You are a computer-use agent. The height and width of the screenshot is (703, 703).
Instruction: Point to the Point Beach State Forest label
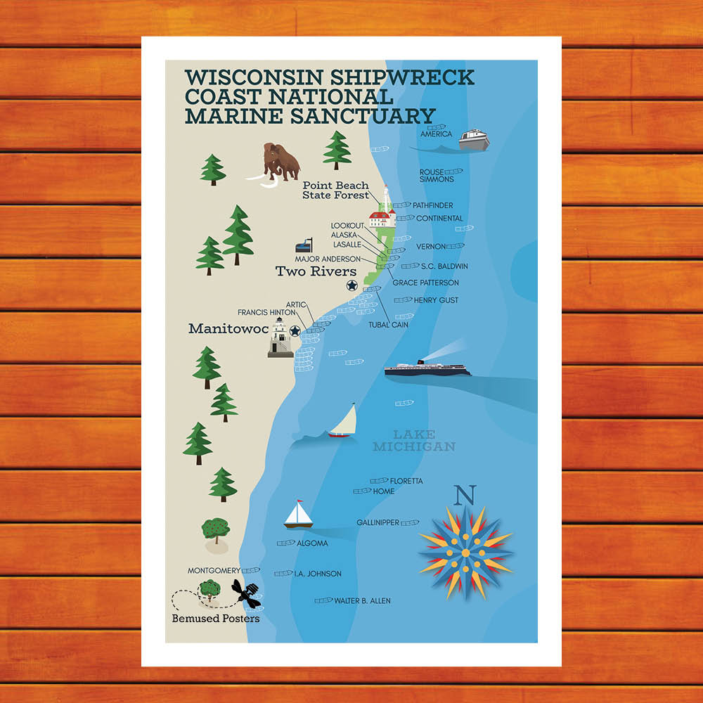335,191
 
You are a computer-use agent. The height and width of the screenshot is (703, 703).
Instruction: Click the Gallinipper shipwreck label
378,522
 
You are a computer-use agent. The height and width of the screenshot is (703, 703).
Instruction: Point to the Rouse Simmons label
437,176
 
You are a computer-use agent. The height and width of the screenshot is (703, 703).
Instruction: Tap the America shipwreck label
436,134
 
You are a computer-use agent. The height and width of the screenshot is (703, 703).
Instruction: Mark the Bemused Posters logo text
216,619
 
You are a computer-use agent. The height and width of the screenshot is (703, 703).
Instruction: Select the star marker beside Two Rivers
351,285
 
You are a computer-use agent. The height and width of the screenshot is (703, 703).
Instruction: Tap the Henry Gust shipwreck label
436,300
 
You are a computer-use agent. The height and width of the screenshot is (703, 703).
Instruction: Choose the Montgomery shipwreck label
214,571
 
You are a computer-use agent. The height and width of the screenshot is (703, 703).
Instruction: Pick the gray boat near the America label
473,139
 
